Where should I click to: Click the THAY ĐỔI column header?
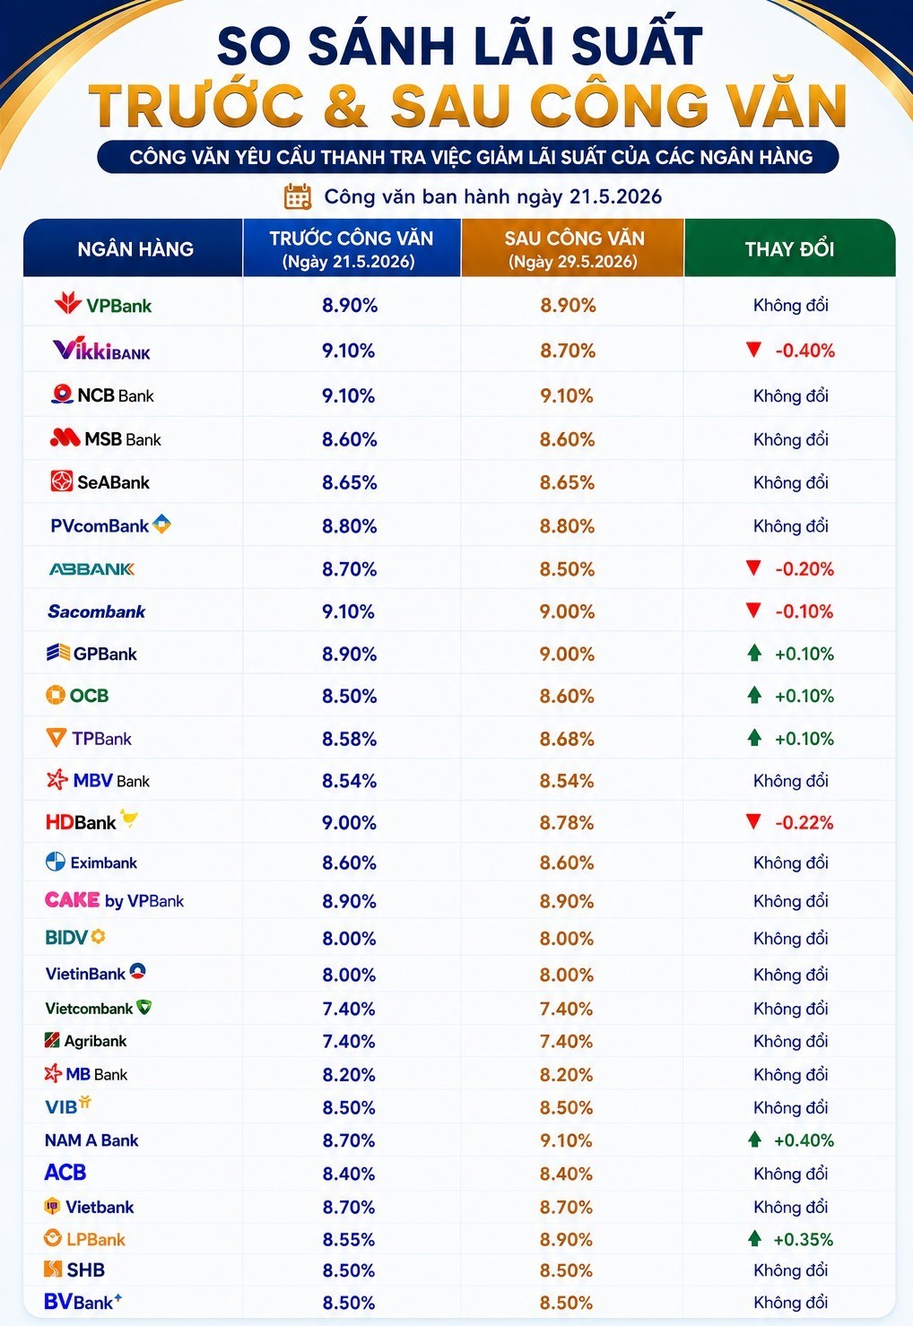tap(789, 249)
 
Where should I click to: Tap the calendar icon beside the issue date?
tap(297, 196)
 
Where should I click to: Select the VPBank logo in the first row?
tap(103, 304)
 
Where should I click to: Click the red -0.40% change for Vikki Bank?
tap(804, 351)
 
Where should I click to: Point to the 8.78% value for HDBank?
tap(567, 822)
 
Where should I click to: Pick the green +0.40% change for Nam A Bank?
tap(804, 1140)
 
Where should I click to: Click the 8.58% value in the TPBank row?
tap(350, 739)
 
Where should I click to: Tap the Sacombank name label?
tap(97, 611)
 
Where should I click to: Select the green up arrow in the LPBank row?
tap(754, 1238)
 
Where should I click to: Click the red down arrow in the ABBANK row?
tap(753, 568)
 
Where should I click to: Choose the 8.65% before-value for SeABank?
tap(350, 482)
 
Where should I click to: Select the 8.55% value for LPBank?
tap(349, 1239)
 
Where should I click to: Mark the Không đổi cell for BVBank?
tap(790, 1303)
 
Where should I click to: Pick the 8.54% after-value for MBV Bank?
tap(567, 781)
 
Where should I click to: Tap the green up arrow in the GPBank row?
tap(754, 653)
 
